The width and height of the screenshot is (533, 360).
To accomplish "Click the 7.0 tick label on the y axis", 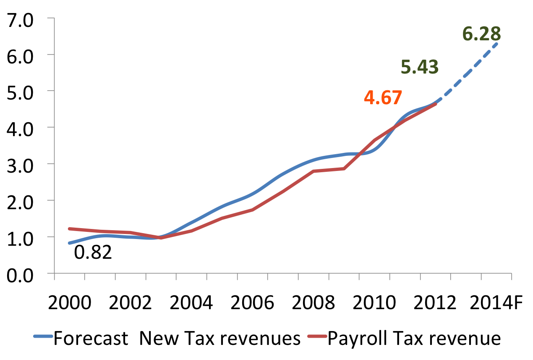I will tap(23, 18).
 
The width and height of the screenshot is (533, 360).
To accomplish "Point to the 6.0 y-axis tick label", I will tap(23, 55).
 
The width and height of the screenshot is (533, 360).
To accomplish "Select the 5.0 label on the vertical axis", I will tap(23, 91).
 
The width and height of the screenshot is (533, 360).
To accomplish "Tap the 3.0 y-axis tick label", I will tap(23, 164).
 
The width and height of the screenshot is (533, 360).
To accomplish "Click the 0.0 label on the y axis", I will tap(23, 273).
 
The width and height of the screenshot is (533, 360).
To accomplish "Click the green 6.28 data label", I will tap(481, 34).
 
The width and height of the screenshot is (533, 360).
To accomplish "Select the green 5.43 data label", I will tap(420, 67).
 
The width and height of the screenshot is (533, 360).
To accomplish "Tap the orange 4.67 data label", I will tap(383, 97).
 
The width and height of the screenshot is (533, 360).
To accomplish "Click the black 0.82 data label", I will tap(93, 252).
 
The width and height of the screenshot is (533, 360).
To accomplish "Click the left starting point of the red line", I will tap(69, 229).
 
